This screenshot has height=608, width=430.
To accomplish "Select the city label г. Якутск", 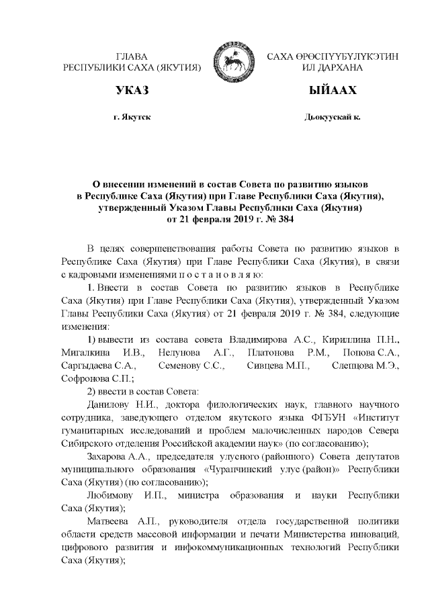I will (132, 118).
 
